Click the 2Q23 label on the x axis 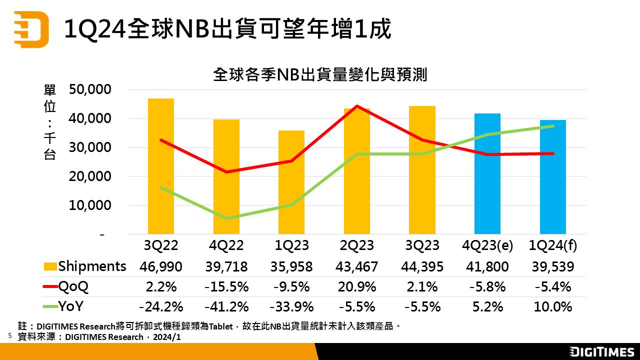[x=356, y=245]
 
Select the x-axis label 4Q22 [x=226, y=245]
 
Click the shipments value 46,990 [x=161, y=266]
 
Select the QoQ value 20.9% [x=356, y=286]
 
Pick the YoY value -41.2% [x=226, y=306]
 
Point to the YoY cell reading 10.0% [x=553, y=306]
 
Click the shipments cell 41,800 [x=487, y=266]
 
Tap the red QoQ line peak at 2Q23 [x=356, y=106]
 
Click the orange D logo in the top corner [x=31, y=29]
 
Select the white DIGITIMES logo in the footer [x=602, y=351]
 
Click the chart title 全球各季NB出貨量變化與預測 [x=320, y=75]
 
